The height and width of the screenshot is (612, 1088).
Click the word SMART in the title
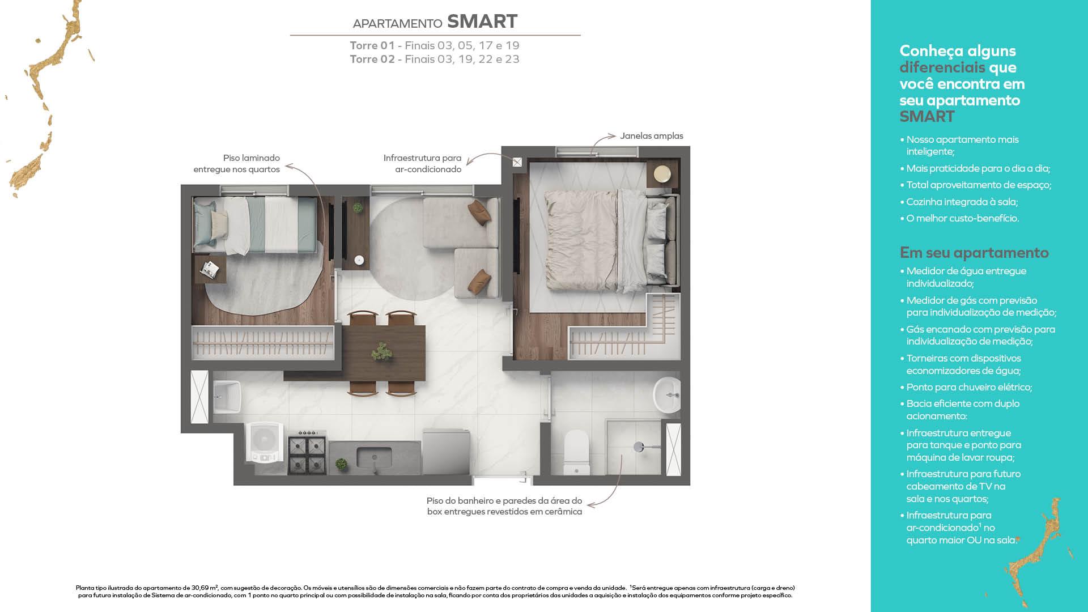(x=482, y=22)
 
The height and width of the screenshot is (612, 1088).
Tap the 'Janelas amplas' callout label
(x=651, y=136)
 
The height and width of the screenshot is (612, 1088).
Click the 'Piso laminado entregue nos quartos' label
(x=237, y=164)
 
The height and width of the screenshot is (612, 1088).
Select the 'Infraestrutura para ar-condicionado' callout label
(x=422, y=164)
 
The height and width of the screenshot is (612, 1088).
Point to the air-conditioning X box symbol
(x=517, y=163)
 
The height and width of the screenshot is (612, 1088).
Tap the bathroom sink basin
(x=667, y=394)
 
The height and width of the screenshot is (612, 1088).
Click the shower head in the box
(x=639, y=447)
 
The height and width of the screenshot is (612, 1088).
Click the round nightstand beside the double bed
(x=662, y=173)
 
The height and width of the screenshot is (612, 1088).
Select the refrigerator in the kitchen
(x=447, y=452)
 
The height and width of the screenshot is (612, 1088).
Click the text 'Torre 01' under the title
(x=372, y=46)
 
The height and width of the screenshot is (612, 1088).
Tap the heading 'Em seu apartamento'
(x=974, y=253)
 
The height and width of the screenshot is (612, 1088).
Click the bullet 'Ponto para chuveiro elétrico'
(x=969, y=388)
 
